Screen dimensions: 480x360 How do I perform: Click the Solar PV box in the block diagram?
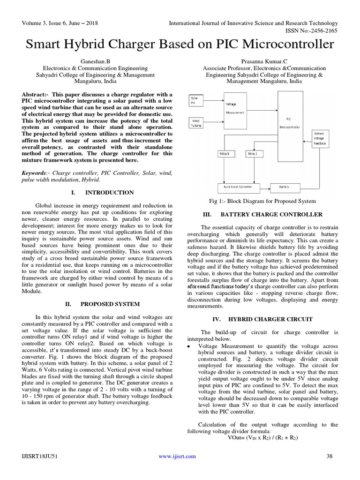point(196,100)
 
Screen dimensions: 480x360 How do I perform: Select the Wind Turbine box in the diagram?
point(196,123)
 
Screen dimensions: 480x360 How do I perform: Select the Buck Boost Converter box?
point(238,187)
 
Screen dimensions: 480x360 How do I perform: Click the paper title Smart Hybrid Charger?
point(180,45)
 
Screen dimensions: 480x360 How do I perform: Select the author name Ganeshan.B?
point(96,61)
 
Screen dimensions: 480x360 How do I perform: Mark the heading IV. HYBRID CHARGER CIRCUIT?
point(262,319)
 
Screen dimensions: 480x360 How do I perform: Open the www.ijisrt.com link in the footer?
point(177,456)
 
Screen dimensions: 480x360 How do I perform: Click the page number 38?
point(329,456)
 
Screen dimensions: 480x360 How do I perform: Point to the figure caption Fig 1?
point(262,201)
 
